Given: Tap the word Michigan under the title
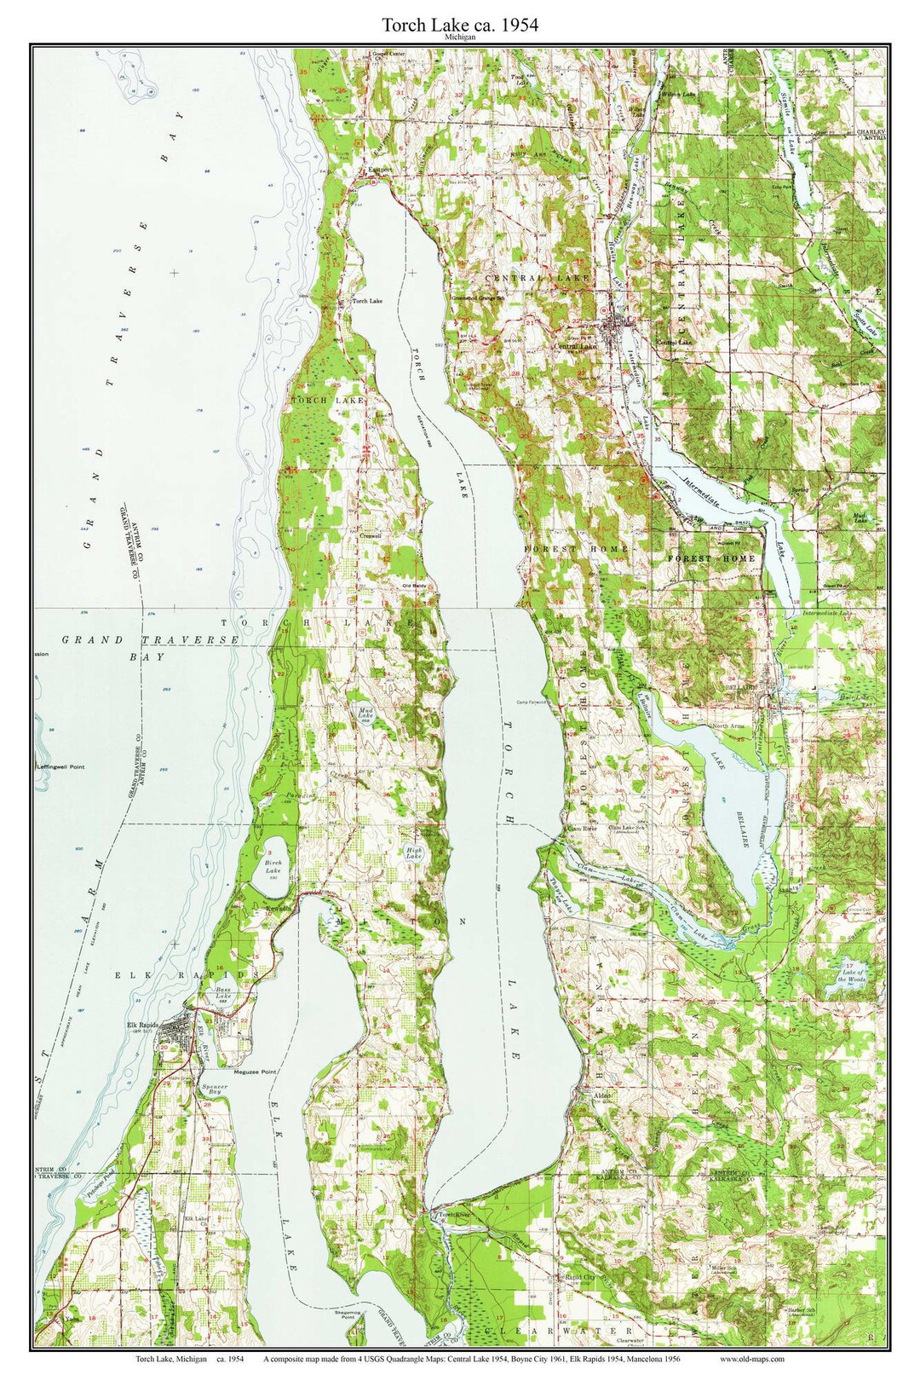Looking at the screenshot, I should point(459,38).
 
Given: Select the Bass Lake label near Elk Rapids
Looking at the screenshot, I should point(223,994).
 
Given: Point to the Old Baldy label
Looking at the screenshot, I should point(415,586).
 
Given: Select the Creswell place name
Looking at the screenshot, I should point(370,536).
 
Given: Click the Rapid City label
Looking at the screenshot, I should point(579,1278).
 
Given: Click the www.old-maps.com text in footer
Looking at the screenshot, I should point(752,1360).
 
